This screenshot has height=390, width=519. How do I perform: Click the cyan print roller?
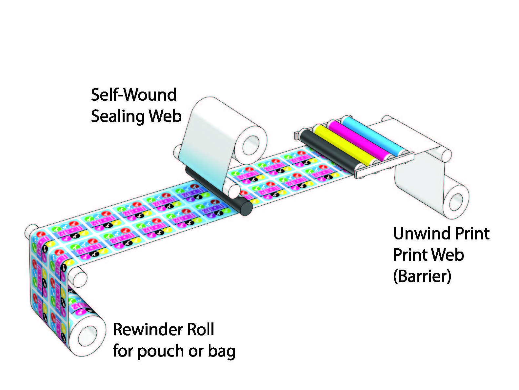click(374, 134)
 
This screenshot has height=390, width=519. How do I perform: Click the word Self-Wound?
click(133, 95)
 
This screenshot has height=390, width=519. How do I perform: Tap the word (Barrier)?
click(422, 276)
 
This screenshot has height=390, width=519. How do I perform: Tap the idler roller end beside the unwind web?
click(446, 155)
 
